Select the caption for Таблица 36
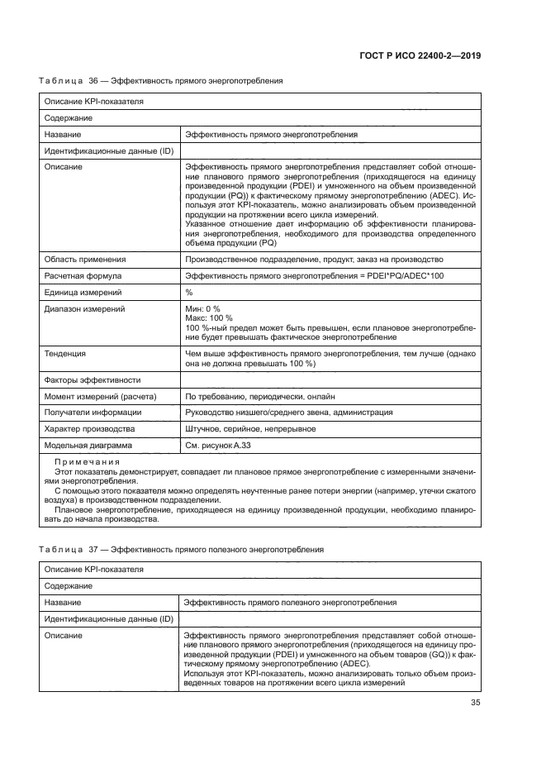point(161,81)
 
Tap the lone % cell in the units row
point(189,292)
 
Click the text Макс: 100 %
point(209,318)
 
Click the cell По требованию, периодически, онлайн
point(260,396)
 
